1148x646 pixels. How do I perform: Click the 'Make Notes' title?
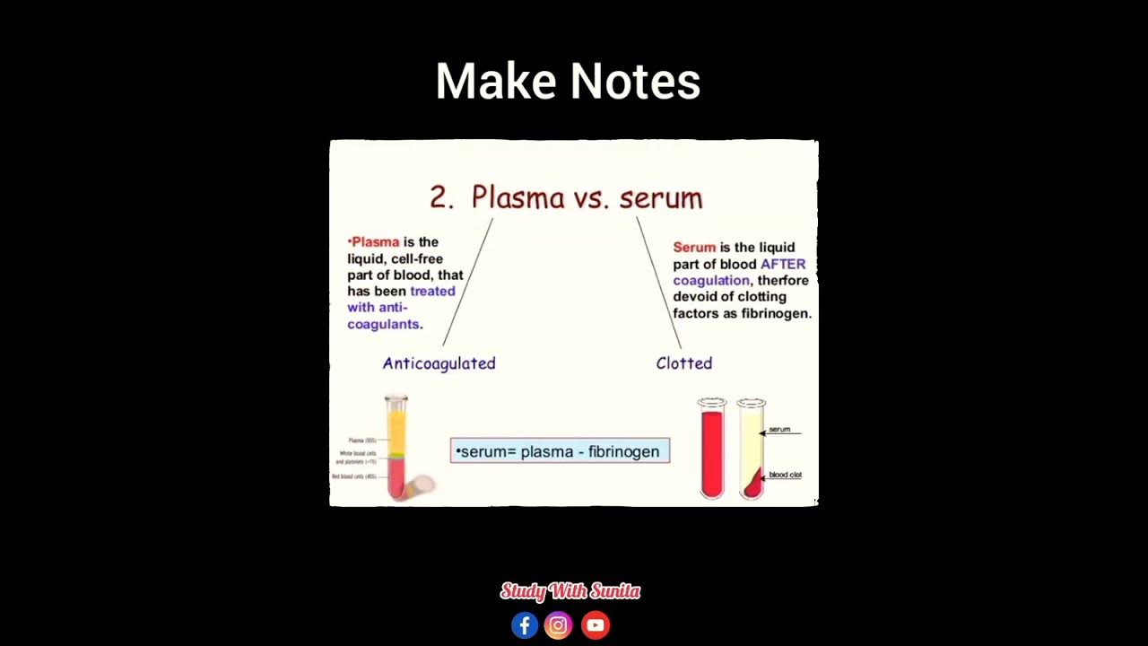568,82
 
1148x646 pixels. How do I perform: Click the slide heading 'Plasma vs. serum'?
587,197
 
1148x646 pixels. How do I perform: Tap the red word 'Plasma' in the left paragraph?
376,242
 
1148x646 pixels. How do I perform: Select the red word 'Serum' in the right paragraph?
694,248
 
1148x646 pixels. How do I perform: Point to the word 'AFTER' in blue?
783,264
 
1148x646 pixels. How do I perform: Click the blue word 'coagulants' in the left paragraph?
383,324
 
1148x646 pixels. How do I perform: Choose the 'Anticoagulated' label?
439,363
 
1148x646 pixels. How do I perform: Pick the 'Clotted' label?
683,363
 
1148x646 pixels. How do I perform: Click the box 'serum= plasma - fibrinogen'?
560,451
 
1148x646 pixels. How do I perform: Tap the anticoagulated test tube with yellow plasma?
396,446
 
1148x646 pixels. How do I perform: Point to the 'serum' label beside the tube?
779,430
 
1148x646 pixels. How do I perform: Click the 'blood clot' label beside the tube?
785,475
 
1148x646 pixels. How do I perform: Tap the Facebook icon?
525,625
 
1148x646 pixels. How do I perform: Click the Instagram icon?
558,625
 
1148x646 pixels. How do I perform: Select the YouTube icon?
595,625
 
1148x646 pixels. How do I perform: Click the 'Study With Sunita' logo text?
570,591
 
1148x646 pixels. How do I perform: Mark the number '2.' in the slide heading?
442,198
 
